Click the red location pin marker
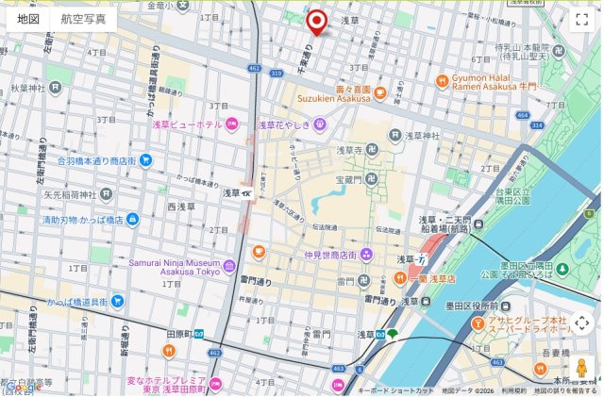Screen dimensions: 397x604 click(x=317, y=21)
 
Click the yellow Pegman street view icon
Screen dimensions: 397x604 click(x=582, y=366)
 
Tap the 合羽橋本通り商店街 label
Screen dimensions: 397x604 click(x=96, y=160)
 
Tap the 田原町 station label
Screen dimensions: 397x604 click(x=179, y=334)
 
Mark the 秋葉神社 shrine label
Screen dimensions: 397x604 click(x=28, y=88)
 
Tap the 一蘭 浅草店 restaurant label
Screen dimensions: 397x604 click(x=436, y=278)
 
